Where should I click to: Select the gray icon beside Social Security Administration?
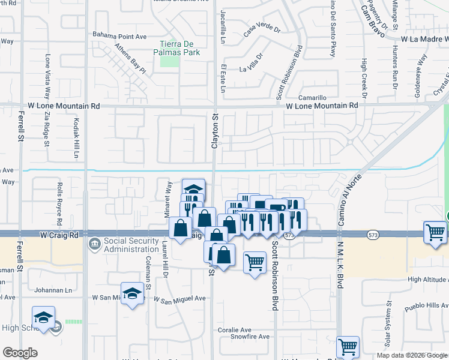94,244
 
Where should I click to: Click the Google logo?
20,353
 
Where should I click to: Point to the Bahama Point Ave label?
119,36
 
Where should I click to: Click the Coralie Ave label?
234,330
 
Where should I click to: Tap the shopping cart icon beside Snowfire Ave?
348,347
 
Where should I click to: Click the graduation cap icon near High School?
43,317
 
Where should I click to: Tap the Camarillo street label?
313,98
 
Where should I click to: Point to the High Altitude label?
427,280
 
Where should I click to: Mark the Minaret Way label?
169,193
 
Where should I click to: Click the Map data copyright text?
411,355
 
